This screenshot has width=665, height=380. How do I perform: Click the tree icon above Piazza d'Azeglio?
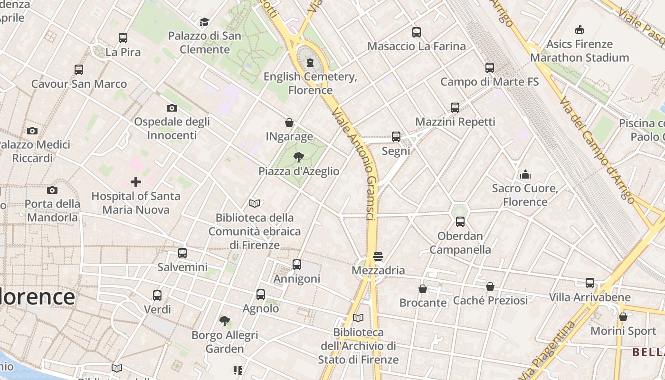(x=299, y=157)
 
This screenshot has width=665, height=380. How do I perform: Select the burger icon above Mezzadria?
(x=378, y=256)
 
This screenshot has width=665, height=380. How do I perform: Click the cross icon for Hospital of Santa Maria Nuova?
(x=136, y=182)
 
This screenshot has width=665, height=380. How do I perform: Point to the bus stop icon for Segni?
(x=396, y=137)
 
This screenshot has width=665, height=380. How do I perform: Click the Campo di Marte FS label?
(x=489, y=82)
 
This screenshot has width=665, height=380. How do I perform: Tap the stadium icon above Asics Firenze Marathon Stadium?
(x=579, y=30)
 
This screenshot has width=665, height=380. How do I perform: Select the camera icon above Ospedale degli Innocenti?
(x=172, y=108)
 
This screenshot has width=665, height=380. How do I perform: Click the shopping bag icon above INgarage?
(x=289, y=123)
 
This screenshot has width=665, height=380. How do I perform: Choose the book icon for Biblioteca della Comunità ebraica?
(x=255, y=204)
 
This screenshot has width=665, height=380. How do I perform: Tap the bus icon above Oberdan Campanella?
(x=460, y=222)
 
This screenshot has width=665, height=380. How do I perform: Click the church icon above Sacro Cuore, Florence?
(x=525, y=174)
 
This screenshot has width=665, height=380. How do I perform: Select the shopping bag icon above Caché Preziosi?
(x=490, y=286)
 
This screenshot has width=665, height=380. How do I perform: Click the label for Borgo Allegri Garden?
(x=225, y=342)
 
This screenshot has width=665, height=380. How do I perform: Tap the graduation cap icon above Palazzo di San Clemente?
(x=204, y=22)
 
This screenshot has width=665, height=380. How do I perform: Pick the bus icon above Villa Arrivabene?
(x=590, y=283)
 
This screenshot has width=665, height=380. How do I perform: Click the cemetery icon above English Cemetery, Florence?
(x=310, y=63)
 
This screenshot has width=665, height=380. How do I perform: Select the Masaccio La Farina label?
(x=417, y=46)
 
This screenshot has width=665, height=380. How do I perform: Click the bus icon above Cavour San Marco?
(x=79, y=70)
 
